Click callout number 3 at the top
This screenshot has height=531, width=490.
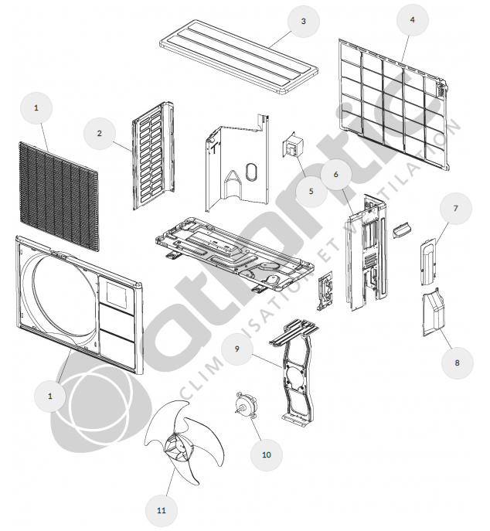click(x=304, y=21)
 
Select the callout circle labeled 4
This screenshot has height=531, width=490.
click(x=412, y=19)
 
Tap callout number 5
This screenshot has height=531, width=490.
click(x=311, y=192)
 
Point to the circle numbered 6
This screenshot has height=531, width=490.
click(x=336, y=174)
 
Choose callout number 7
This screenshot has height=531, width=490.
click(x=456, y=208)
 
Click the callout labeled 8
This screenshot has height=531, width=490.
click(x=457, y=363)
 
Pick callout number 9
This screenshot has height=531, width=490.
click(x=237, y=349)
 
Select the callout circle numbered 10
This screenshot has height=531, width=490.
click(x=267, y=454)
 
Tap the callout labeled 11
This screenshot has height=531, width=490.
click(x=162, y=510)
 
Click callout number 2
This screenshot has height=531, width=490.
click(x=99, y=134)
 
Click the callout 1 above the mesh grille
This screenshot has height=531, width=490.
click(x=36, y=108)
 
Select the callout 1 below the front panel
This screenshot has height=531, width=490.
click(x=50, y=396)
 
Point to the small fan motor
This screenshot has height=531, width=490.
click(x=246, y=404)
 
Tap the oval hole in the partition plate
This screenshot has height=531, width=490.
click(x=252, y=172)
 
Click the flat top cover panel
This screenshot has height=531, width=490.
click(x=239, y=56)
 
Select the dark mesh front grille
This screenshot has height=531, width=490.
click(x=59, y=197)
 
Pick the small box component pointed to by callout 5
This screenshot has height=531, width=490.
click(x=293, y=145)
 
